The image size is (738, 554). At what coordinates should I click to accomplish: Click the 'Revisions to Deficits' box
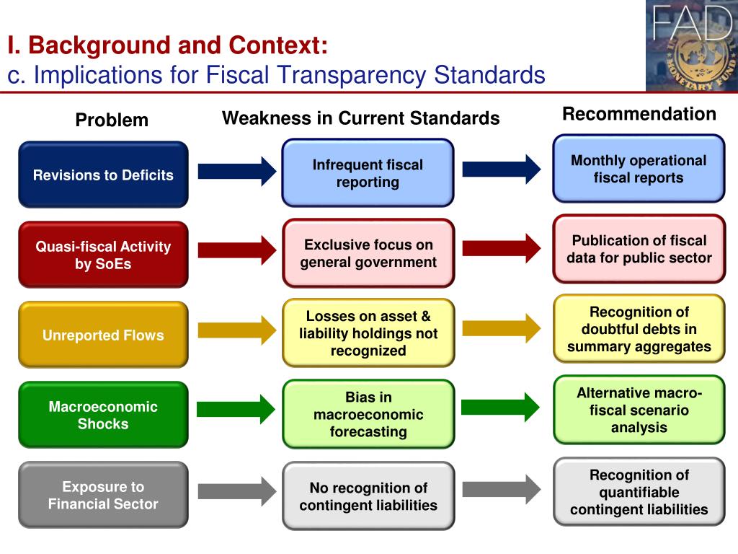coord(103,175)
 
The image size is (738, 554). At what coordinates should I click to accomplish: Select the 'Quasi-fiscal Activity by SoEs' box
coord(103,255)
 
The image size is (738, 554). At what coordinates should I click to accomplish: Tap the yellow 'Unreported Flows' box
coord(103,335)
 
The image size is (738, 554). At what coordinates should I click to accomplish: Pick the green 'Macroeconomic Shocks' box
coord(103,415)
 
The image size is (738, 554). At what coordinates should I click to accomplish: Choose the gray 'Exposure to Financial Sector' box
coord(103,495)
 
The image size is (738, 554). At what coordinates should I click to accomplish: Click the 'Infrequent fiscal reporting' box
coord(368,173)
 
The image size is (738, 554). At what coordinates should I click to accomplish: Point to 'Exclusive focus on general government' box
coord(368,253)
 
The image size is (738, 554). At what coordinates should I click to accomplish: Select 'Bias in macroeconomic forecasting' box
coord(368,414)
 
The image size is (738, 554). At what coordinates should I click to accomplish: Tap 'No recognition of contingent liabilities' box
coord(368,496)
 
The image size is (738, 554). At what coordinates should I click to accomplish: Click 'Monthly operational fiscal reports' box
coord(639,169)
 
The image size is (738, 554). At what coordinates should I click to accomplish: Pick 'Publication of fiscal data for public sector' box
coord(639,249)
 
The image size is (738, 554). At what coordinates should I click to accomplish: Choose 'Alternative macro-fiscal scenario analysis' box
coord(639,410)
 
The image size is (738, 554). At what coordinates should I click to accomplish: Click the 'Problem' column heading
coord(112,120)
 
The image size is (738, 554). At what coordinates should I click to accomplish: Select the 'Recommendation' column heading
coord(639,114)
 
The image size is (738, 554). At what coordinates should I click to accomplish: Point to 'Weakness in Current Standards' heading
coord(360,118)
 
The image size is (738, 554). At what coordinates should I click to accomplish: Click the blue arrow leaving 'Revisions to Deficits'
coord(236,171)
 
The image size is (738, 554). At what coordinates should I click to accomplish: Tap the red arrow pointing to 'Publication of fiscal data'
coord(501,248)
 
